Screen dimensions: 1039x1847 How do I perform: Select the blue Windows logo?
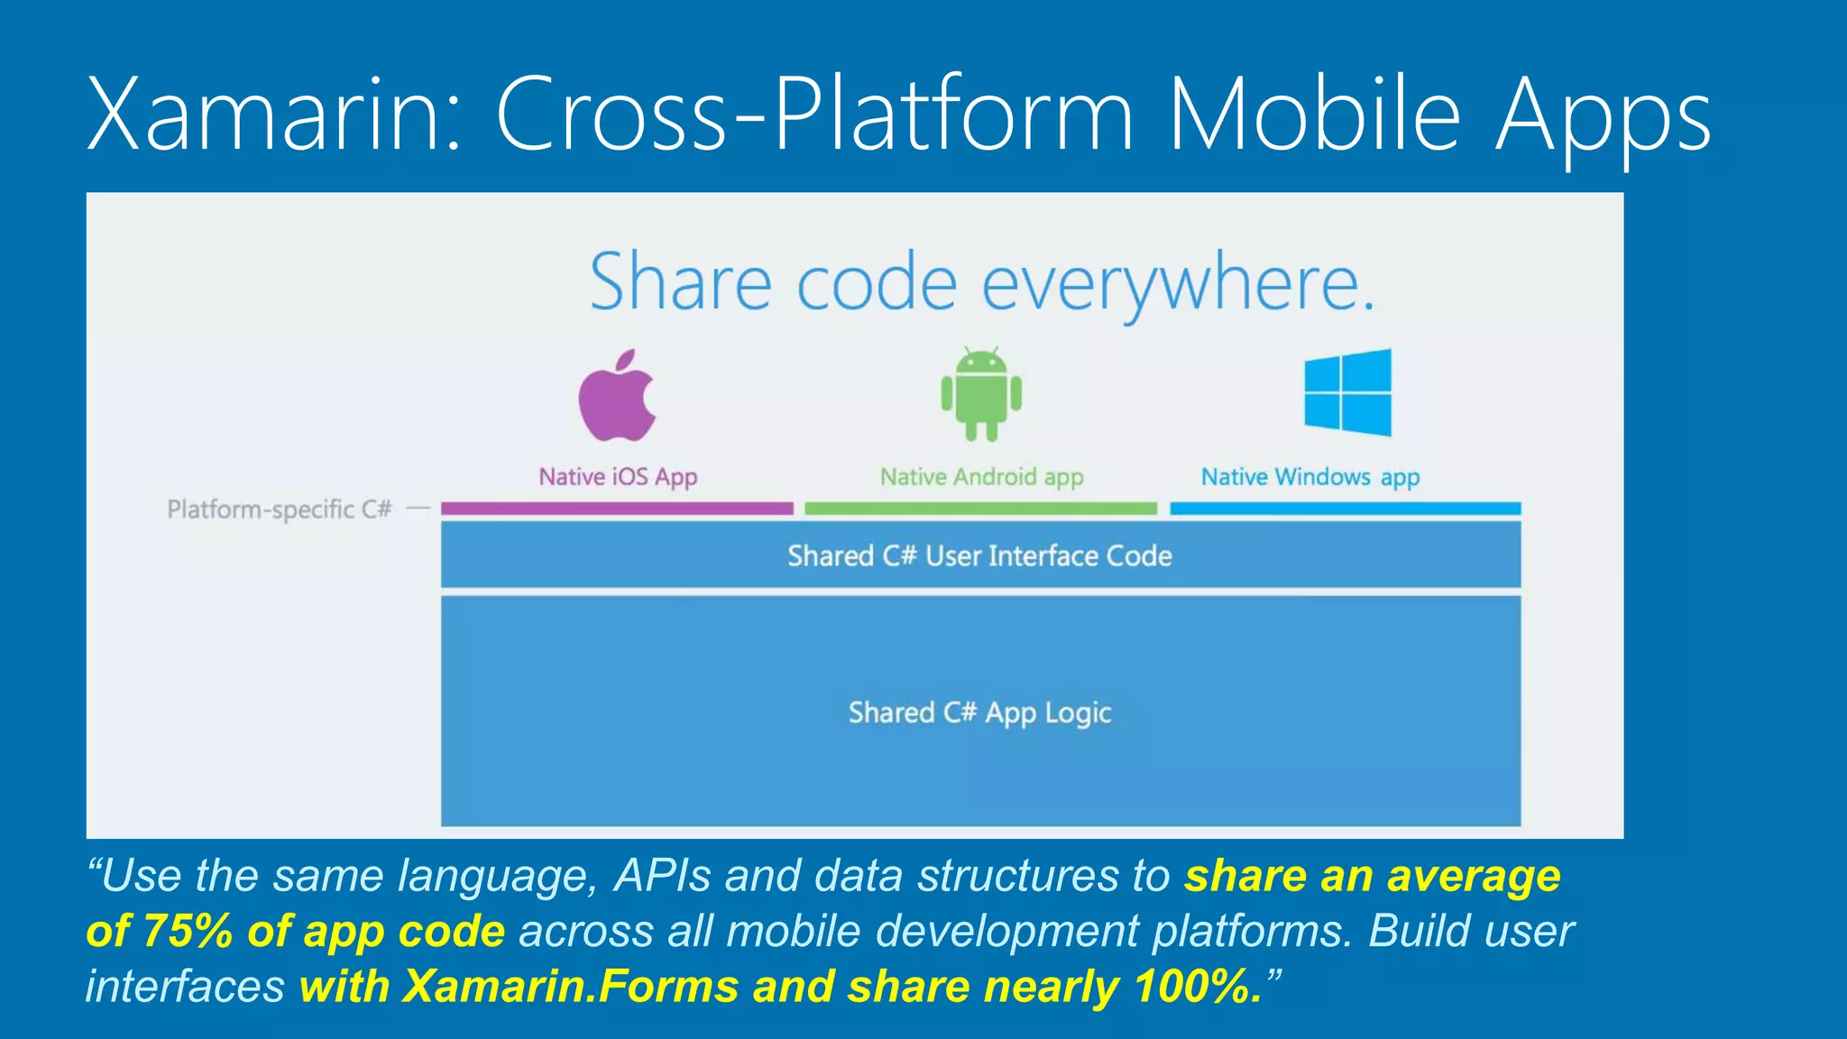tap(1347, 392)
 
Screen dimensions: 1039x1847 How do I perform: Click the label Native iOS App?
tap(618, 476)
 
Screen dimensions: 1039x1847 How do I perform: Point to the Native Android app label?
tap(981, 476)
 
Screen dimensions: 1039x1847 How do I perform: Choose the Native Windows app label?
tap(1309, 476)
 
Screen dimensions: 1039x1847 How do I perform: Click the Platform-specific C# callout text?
tap(280, 510)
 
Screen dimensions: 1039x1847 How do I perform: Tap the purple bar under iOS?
tap(617, 509)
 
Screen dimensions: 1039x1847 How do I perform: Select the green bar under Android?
tap(980, 509)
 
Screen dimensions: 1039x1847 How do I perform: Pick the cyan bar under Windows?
tap(1345, 509)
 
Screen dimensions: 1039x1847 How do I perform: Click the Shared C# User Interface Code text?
tap(979, 556)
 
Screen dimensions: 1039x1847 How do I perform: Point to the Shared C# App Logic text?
tap(979, 713)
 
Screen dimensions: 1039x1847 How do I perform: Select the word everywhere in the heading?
tap(1177, 284)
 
